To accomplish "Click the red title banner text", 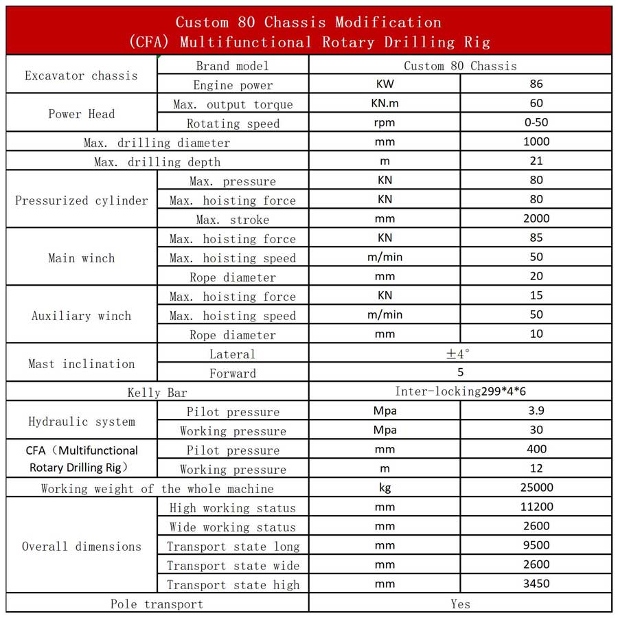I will point(309,32).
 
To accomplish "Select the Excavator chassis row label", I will point(81,76).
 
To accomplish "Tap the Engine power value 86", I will point(536,84).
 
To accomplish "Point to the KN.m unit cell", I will point(385,104).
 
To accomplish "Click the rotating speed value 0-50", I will point(536,123).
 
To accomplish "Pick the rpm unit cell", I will point(385,123).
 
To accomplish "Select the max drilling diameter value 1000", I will point(536,142).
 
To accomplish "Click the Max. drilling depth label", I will point(157,162).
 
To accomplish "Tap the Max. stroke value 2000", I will point(536,219).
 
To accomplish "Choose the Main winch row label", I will point(81,258).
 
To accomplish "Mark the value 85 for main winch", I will point(536,238).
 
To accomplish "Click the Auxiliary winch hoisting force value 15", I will point(536,296).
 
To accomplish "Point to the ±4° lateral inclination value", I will point(459,354).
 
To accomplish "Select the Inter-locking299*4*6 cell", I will point(460,392).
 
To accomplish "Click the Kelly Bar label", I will point(157,393).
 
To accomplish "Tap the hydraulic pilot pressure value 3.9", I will point(536,411).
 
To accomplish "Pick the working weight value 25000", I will point(536,488).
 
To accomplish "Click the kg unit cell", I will point(385,488).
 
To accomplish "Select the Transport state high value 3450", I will point(536,584).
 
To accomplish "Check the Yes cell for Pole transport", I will point(460,604).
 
